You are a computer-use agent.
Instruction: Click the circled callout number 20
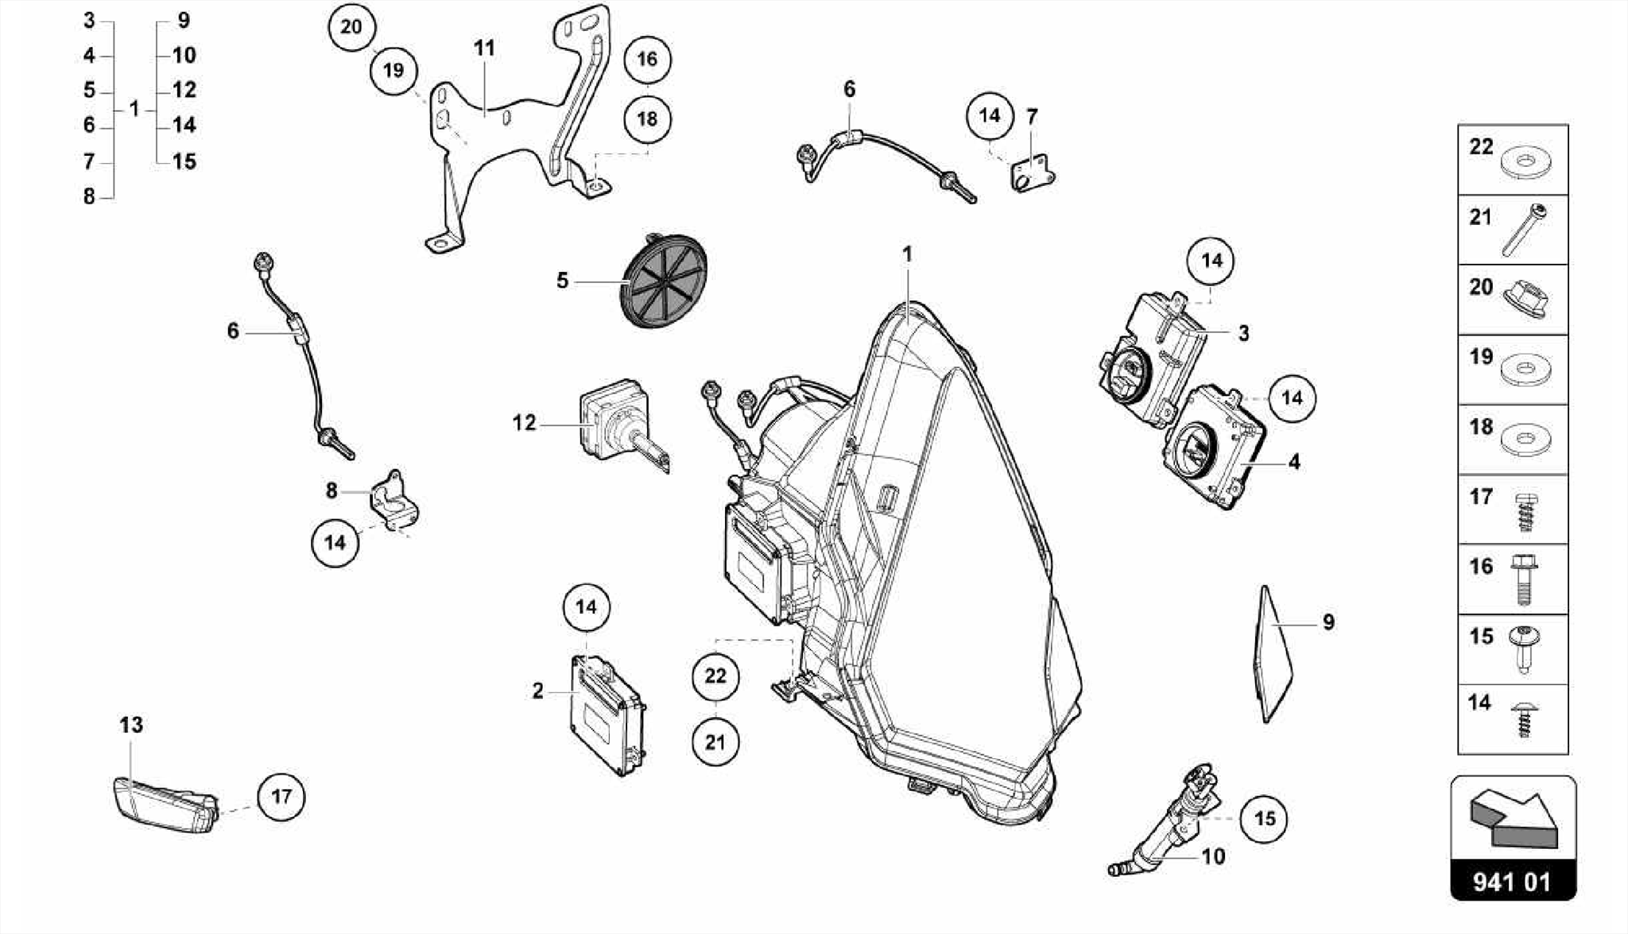(351, 27)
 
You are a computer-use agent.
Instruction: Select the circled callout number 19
(393, 71)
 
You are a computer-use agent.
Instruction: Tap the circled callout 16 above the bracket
(647, 59)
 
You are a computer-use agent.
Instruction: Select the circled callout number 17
(281, 796)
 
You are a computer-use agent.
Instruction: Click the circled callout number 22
(715, 676)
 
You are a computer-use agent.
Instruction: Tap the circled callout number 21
(715, 742)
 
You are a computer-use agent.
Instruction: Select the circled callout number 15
(1264, 819)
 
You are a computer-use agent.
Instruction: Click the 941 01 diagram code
(1513, 882)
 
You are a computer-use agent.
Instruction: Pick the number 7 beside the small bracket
(1032, 118)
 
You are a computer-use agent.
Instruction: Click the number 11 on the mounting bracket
(484, 48)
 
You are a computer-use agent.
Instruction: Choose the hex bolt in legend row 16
(1523, 579)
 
